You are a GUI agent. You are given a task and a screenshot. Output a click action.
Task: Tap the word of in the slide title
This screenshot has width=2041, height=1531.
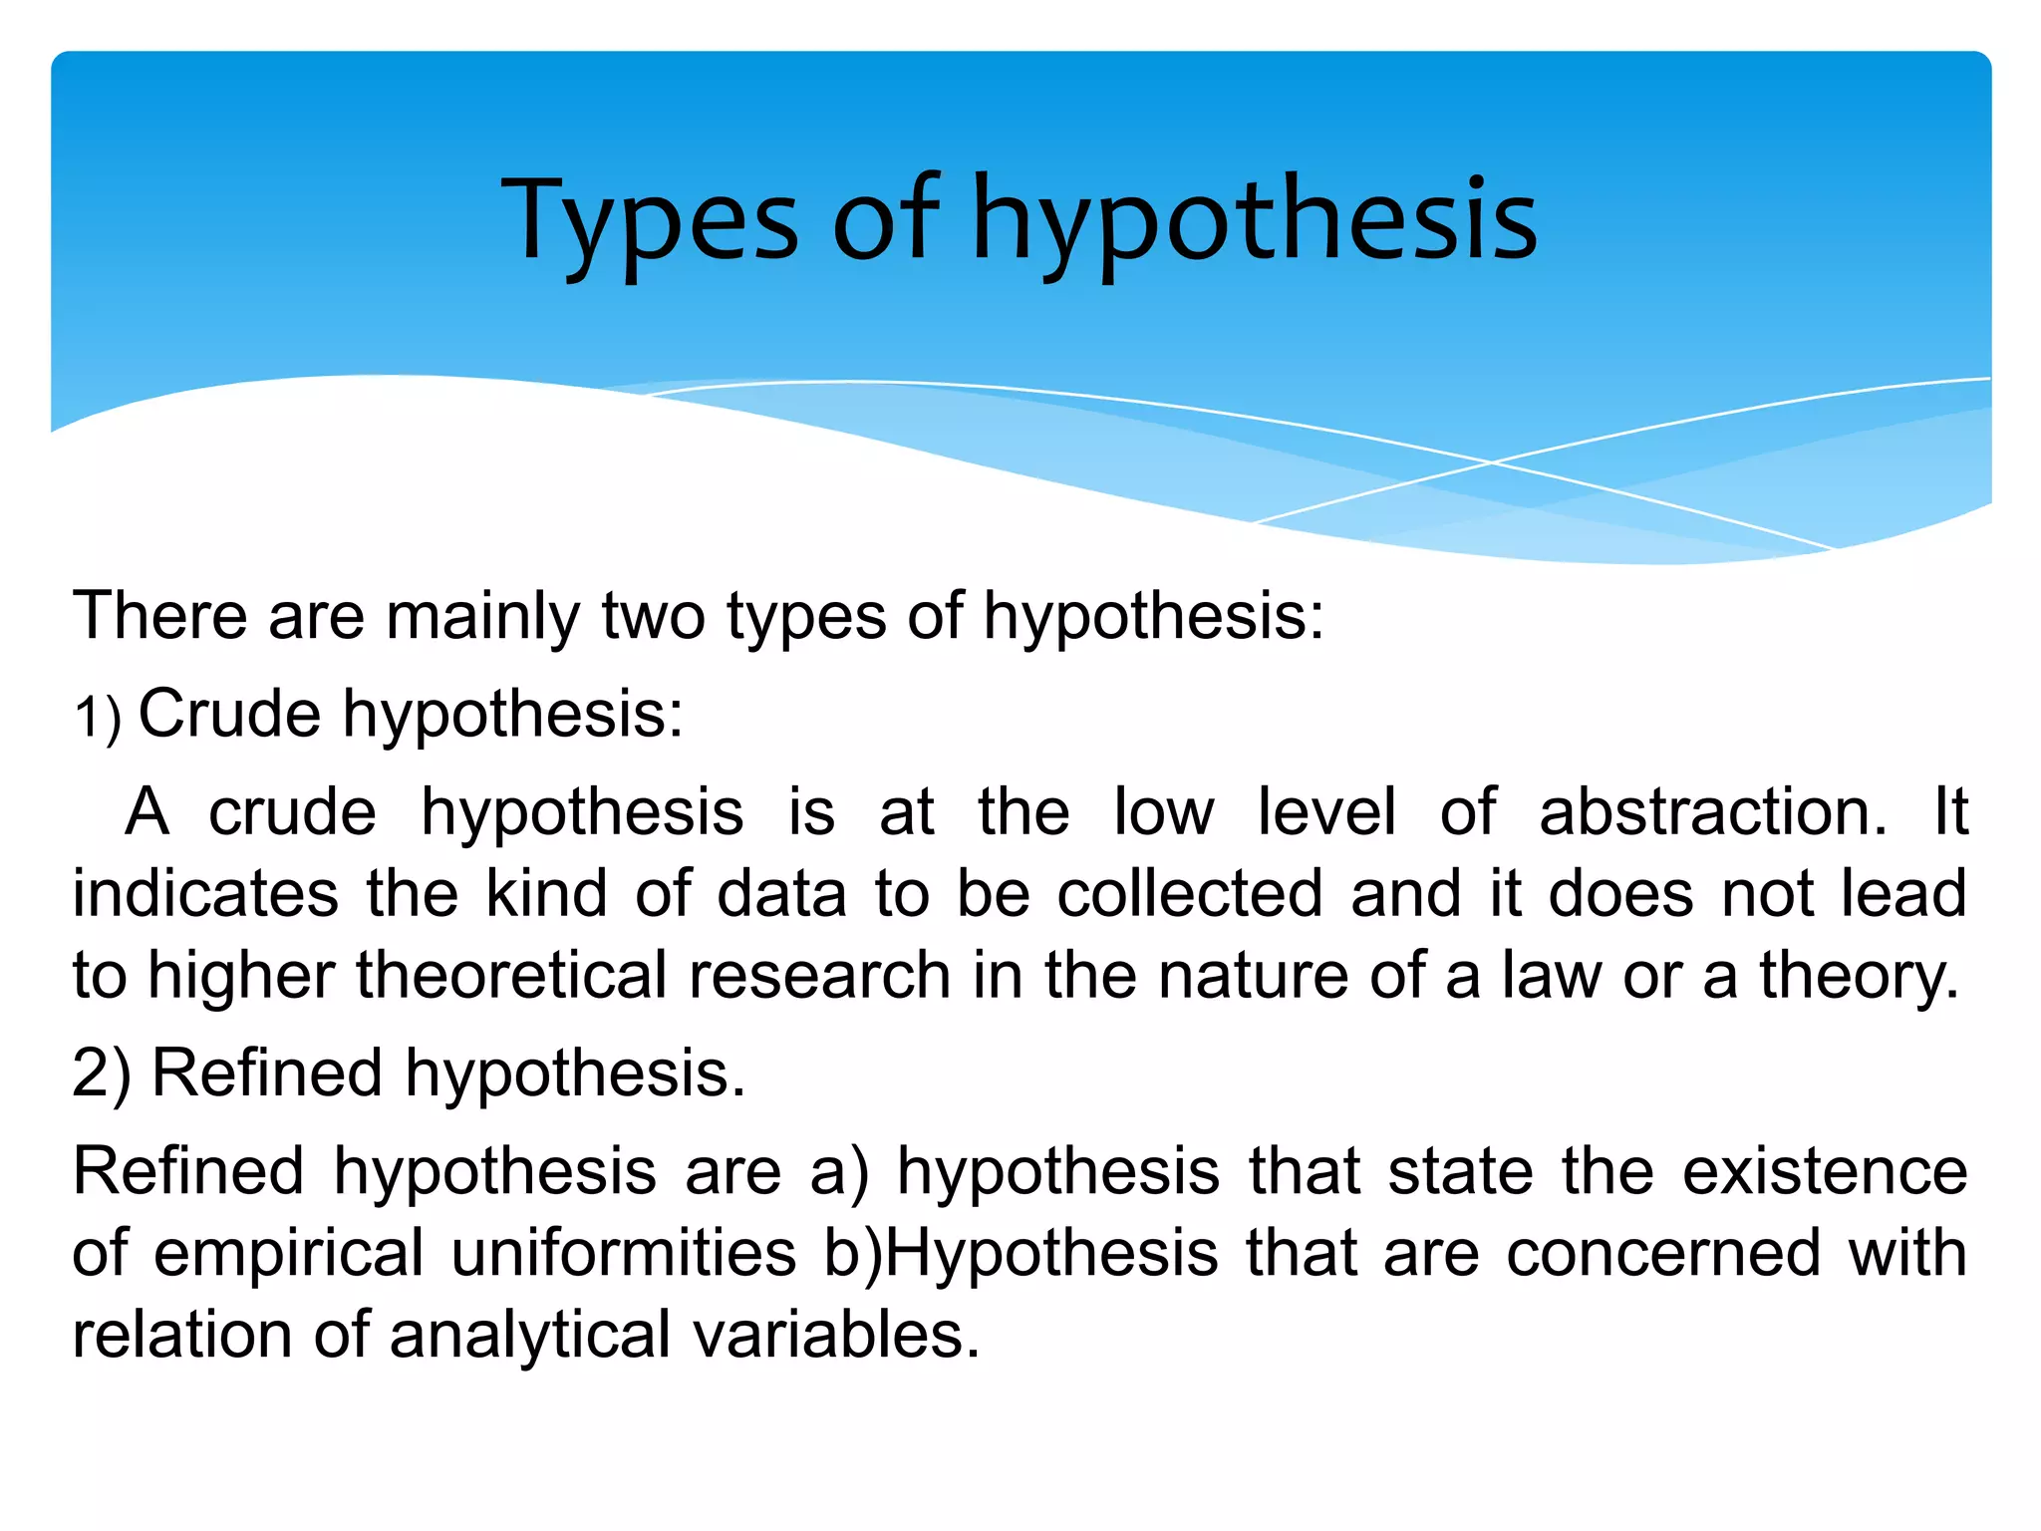885,219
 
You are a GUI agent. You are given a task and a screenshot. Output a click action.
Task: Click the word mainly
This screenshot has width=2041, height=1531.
482,616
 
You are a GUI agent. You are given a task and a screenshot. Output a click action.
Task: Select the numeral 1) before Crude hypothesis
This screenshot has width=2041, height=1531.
98,717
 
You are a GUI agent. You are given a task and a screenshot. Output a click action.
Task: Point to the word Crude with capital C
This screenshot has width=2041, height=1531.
229,714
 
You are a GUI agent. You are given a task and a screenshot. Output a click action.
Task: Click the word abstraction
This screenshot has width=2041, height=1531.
1712,811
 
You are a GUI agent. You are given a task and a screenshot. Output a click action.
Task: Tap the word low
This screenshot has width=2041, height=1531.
1163,811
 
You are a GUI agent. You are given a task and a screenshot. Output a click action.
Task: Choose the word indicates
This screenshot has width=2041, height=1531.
205,893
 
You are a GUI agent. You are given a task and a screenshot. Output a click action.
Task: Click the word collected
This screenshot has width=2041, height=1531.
1190,893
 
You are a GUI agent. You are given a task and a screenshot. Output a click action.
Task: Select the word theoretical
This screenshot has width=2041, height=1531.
511,975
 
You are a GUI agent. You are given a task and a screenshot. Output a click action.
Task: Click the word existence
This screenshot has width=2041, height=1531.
1825,1171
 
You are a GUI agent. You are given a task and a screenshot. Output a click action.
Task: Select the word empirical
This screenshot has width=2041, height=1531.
289,1253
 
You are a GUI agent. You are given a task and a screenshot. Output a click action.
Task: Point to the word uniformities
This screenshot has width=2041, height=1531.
624,1253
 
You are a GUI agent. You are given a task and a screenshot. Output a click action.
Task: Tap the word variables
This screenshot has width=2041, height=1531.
837,1336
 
